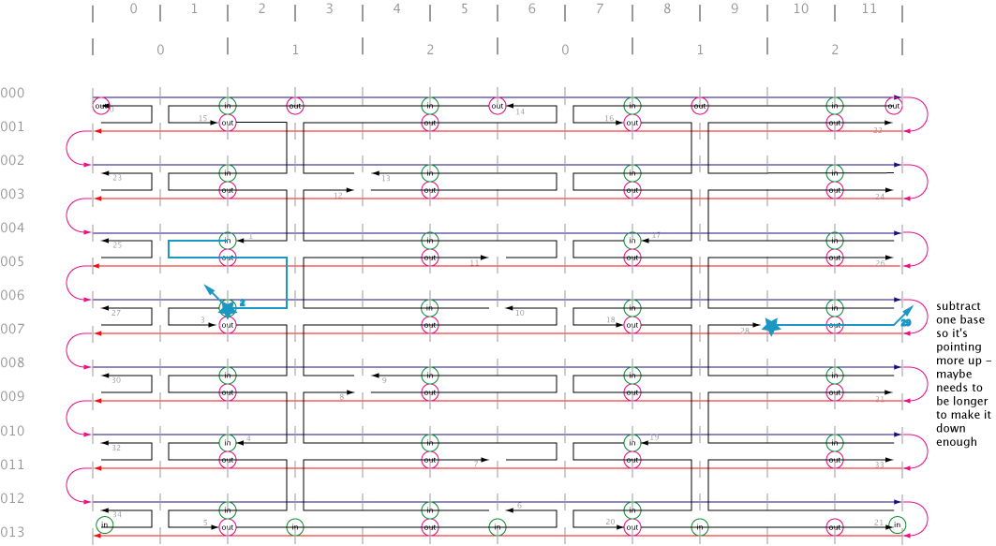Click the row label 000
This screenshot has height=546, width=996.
click(12, 93)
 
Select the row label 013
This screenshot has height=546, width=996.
click(12, 533)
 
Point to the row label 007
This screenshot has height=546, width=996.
click(12, 330)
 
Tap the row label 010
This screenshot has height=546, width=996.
click(12, 431)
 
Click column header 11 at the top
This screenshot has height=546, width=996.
click(869, 8)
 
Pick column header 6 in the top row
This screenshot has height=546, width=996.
click(532, 8)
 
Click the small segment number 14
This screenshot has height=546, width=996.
click(521, 112)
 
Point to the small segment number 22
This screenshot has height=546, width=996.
click(878, 130)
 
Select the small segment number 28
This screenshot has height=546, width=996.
click(745, 331)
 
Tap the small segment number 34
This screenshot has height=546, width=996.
click(117, 515)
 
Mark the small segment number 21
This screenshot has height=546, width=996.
click(878, 523)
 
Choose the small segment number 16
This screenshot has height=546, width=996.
click(609, 119)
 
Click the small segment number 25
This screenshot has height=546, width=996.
click(117, 245)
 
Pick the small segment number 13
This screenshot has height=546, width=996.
click(386, 178)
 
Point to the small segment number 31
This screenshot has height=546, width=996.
click(879, 399)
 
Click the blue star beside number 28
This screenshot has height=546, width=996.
click(770, 326)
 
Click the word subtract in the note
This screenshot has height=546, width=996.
click(959, 306)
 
